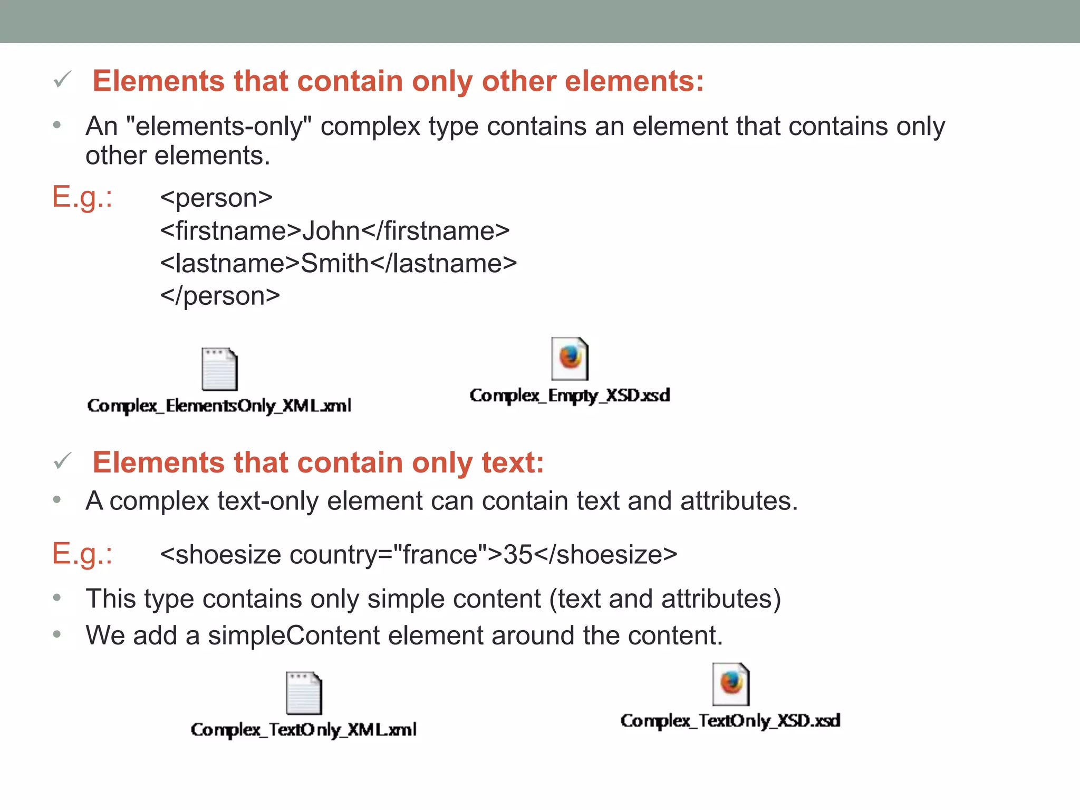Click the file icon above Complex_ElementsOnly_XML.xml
(x=219, y=369)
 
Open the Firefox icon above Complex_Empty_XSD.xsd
(x=570, y=359)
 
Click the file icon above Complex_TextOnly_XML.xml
(x=304, y=693)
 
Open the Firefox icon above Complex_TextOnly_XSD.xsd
(x=731, y=684)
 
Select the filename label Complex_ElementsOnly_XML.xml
(x=219, y=406)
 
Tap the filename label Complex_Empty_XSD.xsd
(x=570, y=396)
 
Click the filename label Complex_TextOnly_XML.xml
(x=304, y=729)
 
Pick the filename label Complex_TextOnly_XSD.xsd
(x=730, y=720)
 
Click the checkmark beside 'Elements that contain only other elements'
(x=63, y=80)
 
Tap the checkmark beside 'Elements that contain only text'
(x=63, y=461)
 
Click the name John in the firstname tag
(x=331, y=231)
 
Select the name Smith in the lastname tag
(x=335, y=263)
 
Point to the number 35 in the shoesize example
(x=518, y=554)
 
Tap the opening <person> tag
(x=216, y=198)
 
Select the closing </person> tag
(x=220, y=296)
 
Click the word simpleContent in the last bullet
(x=294, y=635)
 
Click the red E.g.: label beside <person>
(x=82, y=197)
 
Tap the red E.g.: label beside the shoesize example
(x=82, y=554)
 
